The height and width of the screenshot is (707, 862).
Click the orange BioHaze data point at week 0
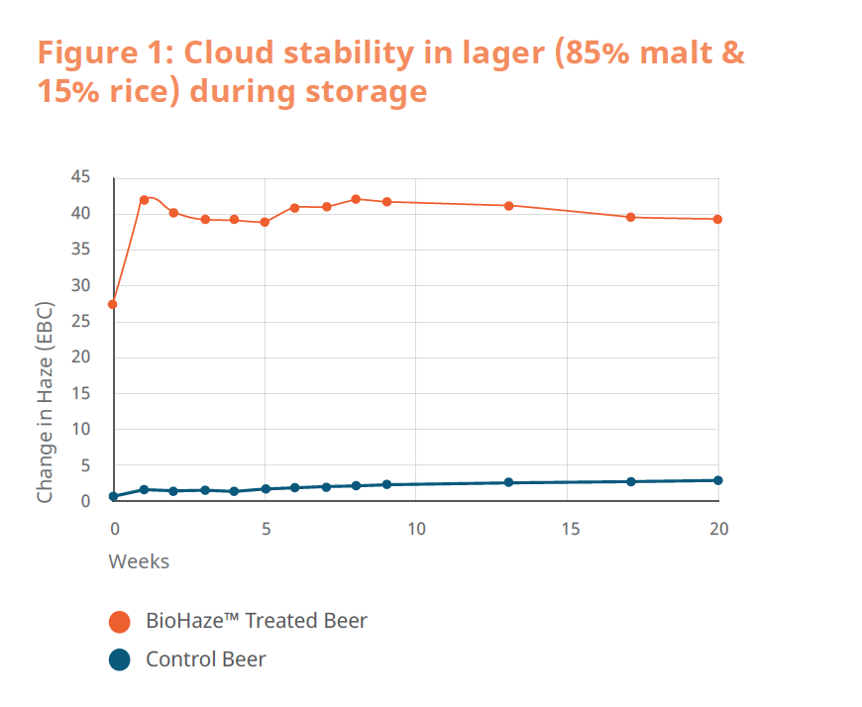tap(113, 304)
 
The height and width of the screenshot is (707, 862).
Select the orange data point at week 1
tap(144, 200)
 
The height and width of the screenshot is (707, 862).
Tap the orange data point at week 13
tap(508, 206)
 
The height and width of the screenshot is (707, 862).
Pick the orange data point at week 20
tap(717, 219)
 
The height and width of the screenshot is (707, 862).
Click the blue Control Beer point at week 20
tap(717, 480)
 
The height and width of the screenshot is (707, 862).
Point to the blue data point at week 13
tap(508, 482)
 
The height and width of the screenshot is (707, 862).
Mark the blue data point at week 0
tap(113, 496)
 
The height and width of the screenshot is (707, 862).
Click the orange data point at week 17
tap(630, 217)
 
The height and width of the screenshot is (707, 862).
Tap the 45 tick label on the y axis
tap(80, 177)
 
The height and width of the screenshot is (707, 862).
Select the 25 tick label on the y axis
tap(80, 322)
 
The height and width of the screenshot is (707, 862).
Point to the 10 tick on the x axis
tap(416, 529)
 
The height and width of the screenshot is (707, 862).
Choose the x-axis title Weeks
tap(139, 561)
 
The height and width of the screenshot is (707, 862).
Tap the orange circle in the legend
tap(120, 622)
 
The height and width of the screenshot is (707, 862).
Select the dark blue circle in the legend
tap(120, 658)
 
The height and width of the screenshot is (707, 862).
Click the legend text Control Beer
tap(206, 658)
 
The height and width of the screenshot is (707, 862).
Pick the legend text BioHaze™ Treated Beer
tap(257, 622)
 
